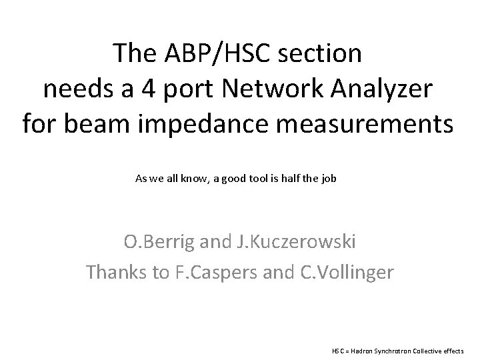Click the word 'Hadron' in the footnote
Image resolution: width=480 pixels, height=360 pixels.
pos(361,349)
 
